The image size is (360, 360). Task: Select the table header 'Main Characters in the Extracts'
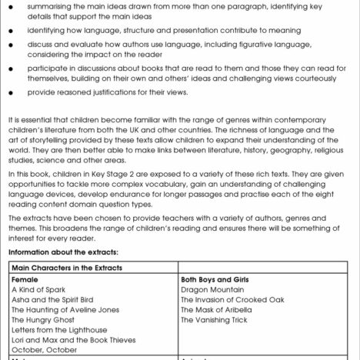coord(65,267)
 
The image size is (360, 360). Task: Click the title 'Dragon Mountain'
coord(210,289)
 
